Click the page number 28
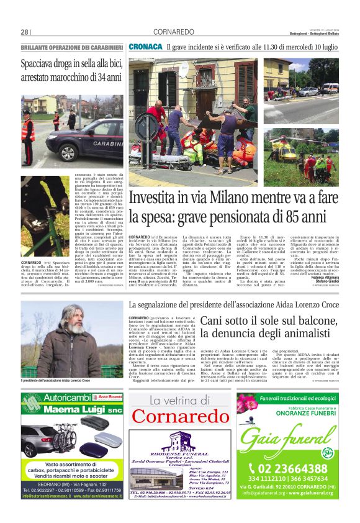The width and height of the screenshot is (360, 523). pos(24,32)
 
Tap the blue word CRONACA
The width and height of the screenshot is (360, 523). pos(145,47)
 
